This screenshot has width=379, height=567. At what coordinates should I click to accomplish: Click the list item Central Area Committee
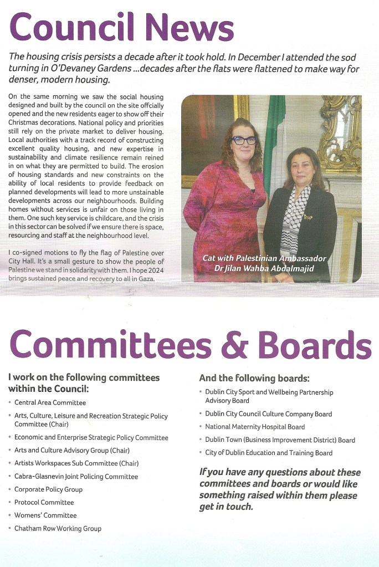[50, 402]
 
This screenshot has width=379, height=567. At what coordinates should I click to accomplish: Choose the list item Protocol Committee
[44, 502]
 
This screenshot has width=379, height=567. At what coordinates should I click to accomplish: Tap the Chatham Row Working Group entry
[58, 528]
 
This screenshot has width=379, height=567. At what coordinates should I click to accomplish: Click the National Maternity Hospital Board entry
[255, 427]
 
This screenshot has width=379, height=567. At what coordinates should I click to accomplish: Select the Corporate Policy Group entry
[48, 489]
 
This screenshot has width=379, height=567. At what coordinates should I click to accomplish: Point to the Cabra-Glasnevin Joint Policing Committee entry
[76, 476]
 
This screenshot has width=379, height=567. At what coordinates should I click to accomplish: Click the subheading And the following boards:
[254, 379]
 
